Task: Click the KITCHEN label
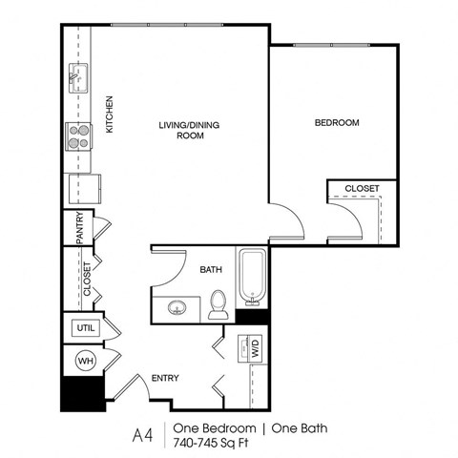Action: [x=111, y=114]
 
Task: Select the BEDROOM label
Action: [x=336, y=122]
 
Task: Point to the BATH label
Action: [x=211, y=270]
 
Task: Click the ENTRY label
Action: [x=166, y=379]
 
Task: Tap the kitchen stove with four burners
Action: [x=77, y=135]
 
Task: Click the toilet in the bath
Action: [x=219, y=303]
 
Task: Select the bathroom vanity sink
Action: [x=177, y=308]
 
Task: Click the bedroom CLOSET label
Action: [x=363, y=188]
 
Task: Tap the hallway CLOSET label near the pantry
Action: [x=87, y=279]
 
